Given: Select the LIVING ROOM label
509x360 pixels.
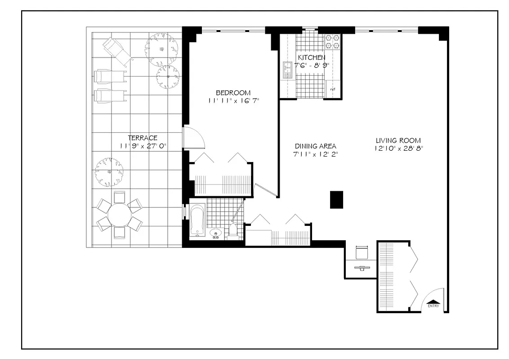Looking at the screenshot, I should coord(398,140).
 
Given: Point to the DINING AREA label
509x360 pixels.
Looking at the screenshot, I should coord(315,146).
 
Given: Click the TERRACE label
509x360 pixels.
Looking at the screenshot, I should coord(143,138).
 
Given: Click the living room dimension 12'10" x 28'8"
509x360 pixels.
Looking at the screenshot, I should coord(398,148).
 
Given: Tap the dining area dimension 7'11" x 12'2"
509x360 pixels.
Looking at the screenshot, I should coord(315,154).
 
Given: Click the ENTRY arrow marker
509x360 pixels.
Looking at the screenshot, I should coord(433,302).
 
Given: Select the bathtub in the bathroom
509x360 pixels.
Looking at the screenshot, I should coord(197,220).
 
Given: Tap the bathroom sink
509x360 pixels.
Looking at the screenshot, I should coord(216,233).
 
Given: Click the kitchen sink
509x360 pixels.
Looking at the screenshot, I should coord(286,70).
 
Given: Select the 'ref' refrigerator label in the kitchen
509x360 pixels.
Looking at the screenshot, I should coord(333,90).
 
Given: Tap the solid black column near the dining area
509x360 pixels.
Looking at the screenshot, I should coord(336,199).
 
